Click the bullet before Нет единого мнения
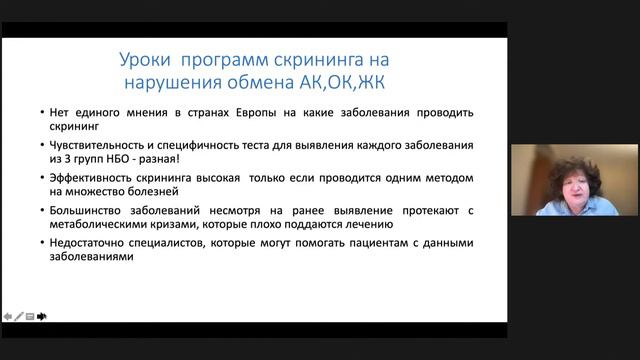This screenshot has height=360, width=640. (x=33, y=114)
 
